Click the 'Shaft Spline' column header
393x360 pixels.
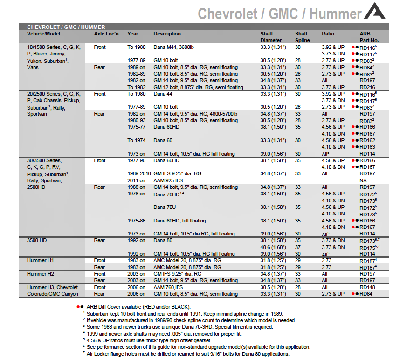coord(301,36)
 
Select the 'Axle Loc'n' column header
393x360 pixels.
coord(106,34)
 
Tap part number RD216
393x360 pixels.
coord(367,87)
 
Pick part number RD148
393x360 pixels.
coord(367,287)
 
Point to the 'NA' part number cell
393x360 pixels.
coord(363,180)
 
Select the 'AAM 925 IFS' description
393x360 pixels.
coord(169,180)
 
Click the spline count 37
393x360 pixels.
coord(298,247)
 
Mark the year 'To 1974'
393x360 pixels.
coord(136,140)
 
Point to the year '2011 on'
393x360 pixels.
coord(136,180)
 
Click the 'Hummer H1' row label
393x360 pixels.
coord(40,261)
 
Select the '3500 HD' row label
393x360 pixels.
coord(37,241)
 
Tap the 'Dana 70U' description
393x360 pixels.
coord(164,207)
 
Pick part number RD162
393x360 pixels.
coord(367,140)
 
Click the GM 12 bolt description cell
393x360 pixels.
coord(198,87)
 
